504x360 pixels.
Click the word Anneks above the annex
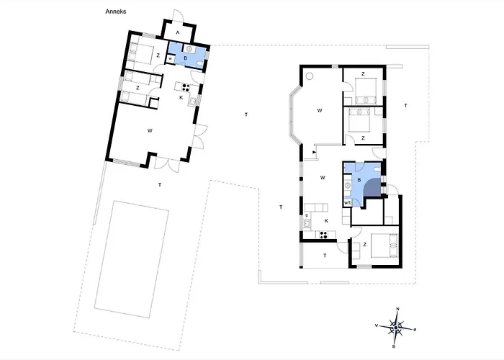pos(116,12)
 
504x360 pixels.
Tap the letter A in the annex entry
pos(177,33)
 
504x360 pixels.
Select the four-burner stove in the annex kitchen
pos(186,87)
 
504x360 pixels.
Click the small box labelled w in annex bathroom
pos(170,59)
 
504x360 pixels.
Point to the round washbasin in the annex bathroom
pos(189,49)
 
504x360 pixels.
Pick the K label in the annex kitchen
pos(181,97)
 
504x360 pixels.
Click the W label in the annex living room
pos(150,130)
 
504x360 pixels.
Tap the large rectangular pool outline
pos(132,259)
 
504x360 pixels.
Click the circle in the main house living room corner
pos(310,76)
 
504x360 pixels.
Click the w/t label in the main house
pos(347,203)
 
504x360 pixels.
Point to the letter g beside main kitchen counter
pos(307,215)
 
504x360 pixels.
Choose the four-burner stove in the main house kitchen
pos(323,235)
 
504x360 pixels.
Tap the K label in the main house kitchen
pos(326,221)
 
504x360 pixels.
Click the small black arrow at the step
pos(315,152)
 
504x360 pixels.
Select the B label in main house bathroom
pos(359,180)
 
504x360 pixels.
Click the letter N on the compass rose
pos(397,309)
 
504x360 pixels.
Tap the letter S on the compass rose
pos(393,346)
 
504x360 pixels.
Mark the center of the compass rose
pos(396,328)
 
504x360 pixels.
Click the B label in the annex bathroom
pos(186,58)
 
